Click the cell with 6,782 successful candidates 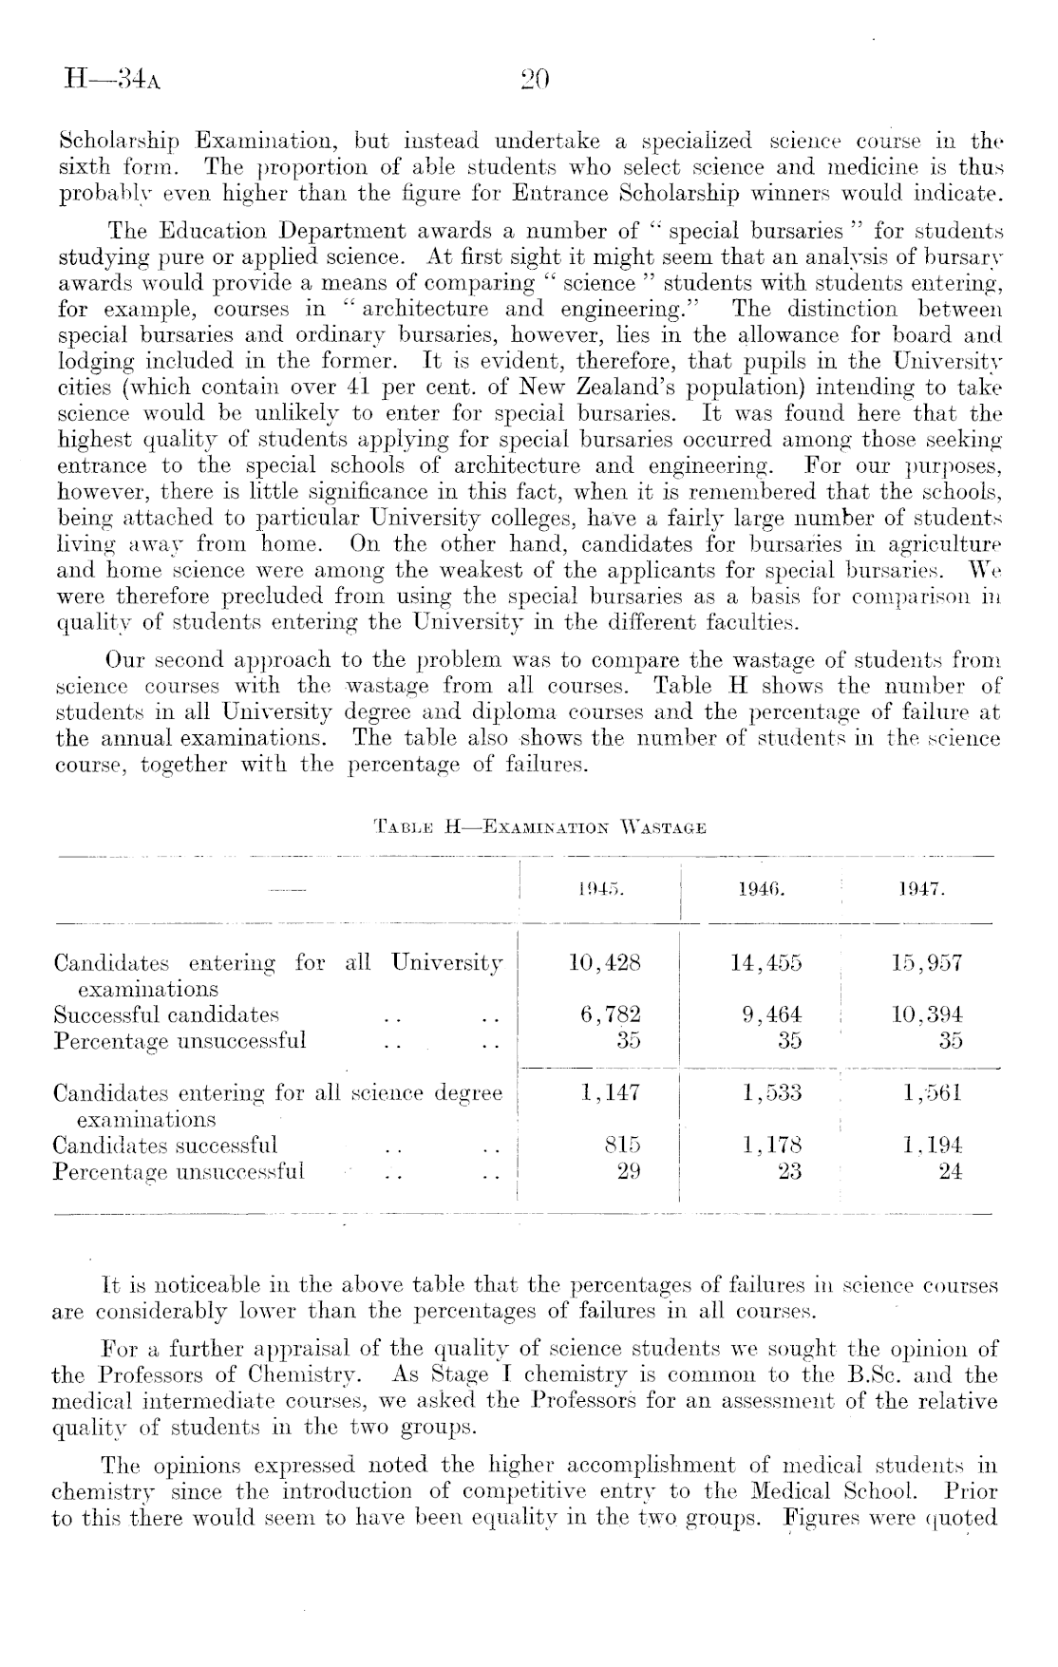[x=610, y=1014]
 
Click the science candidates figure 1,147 [x=610, y=1094]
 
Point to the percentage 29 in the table [x=628, y=1171]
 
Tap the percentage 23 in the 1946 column [x=788, y=1171]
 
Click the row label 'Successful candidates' [x=166, y=1014]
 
